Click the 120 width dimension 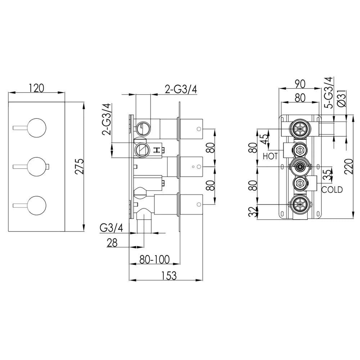click(36, 87)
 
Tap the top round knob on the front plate click(37, 127)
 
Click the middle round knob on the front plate click(37, 166)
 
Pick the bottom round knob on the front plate click(37, 206)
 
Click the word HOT click(270, 157)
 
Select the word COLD click(332, 190)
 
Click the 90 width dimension click(300, 84)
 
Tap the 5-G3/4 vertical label click(329, 93)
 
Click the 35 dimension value click(326, 175)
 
